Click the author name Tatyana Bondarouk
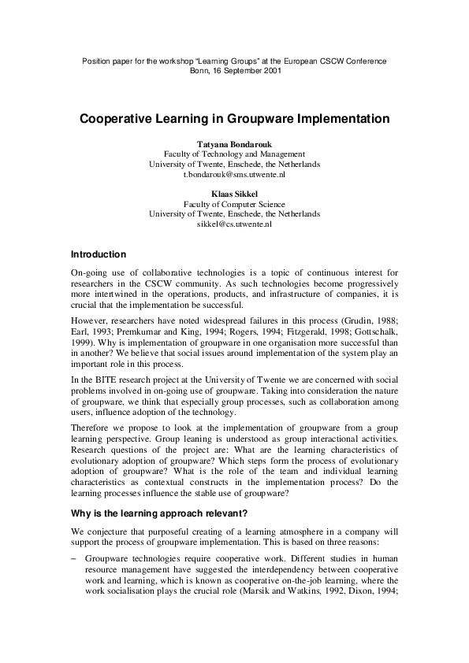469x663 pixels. [x=234, y=144]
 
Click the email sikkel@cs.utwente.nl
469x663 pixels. [x=234, y=224]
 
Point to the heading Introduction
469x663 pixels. [x=99, y=255]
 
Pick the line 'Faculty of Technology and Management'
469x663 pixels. [x=234, y=154]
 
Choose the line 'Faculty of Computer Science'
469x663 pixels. [x=234, y=203]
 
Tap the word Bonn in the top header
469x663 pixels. [x=200, y=70]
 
